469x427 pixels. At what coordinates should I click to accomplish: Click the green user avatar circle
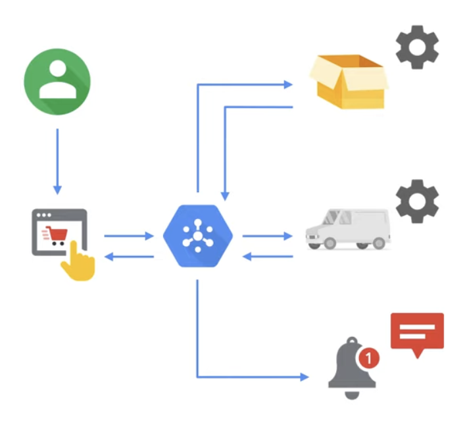coord(57,82)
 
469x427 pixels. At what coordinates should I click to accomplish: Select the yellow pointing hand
coord(78,262)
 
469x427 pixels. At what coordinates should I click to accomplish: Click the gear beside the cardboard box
coord(417,47)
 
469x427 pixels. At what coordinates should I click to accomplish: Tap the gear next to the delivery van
coord(417,201)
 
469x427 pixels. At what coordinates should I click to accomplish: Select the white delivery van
coord(349,228)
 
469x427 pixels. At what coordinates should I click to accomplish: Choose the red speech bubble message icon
coord(417,334)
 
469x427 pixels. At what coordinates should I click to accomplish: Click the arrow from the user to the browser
coord(57,161)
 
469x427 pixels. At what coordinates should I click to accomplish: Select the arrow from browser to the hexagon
coord(129,235)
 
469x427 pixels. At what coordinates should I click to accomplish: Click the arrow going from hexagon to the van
coord(267,235)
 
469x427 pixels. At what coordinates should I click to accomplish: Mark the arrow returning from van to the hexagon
coord(267,256)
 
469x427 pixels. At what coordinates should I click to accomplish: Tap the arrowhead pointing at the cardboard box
coord(288,84)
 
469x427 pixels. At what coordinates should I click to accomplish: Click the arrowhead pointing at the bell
coord(304,377)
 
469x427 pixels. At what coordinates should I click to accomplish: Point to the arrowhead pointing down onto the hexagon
coord(225,195)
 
